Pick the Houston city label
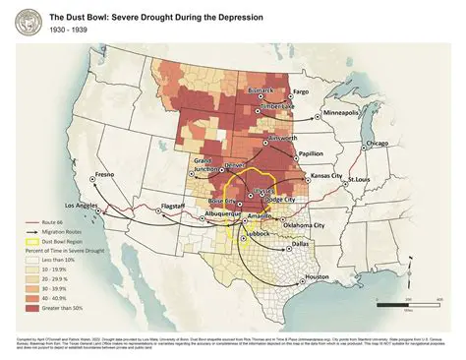pyautogui.click(x=317, y=276)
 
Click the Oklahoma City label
pyautogui.click(x=304, y=224)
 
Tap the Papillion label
pyautogui.click(x=311, y=153)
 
